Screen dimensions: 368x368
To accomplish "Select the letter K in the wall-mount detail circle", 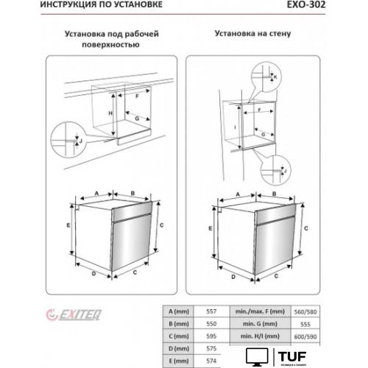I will (274, 76).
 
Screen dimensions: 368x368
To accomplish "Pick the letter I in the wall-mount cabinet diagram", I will (233, 127).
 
